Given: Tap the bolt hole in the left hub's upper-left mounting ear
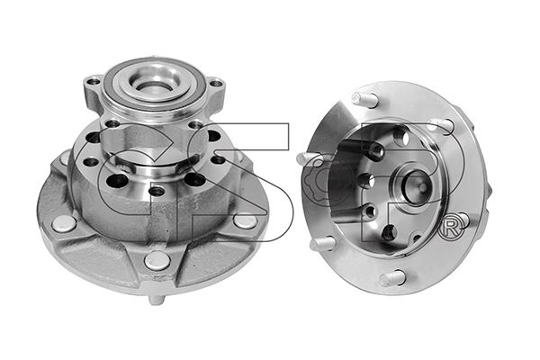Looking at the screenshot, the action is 94,82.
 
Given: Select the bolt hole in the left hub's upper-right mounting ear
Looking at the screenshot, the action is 216,83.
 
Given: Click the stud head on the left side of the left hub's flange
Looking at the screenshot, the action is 65,223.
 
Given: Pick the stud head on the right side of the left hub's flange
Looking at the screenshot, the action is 245,220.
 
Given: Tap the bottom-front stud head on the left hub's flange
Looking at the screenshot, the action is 157,261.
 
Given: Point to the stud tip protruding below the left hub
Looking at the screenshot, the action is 156,300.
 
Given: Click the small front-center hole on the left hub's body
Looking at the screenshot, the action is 157,190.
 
